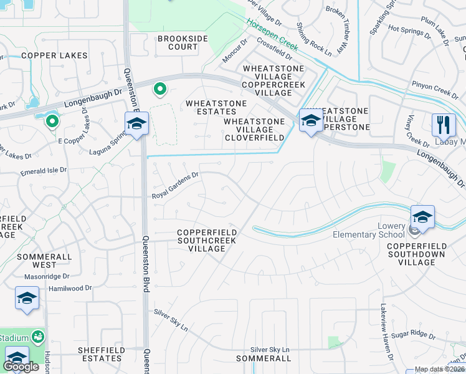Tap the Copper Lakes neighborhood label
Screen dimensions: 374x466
point(54,55)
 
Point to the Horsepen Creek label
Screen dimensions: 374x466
point(272,35)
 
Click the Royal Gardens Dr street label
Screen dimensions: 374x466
point(176,185)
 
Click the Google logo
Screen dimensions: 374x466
point(21,367)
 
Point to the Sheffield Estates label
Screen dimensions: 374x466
point(100,354)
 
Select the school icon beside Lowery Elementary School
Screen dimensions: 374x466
point(422,218)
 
